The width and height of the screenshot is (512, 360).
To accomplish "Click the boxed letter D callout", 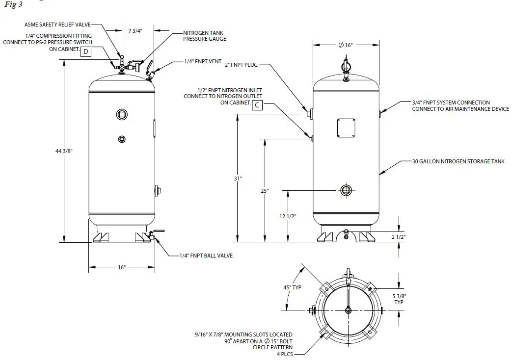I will pos(86,52).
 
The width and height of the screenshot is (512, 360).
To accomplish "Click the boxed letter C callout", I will pos(257,104).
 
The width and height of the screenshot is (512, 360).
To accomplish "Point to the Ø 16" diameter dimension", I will pos(345,45).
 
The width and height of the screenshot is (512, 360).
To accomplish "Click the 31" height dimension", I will pos(238,179).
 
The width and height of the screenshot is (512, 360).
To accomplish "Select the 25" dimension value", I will pos(265,191).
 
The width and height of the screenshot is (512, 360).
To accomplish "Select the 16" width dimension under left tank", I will pos(121,267).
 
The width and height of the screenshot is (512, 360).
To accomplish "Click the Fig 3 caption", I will pos(14,4).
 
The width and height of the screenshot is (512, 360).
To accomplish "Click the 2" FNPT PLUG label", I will pos(241,64).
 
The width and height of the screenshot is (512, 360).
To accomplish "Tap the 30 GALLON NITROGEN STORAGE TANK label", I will pos(458,161).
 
